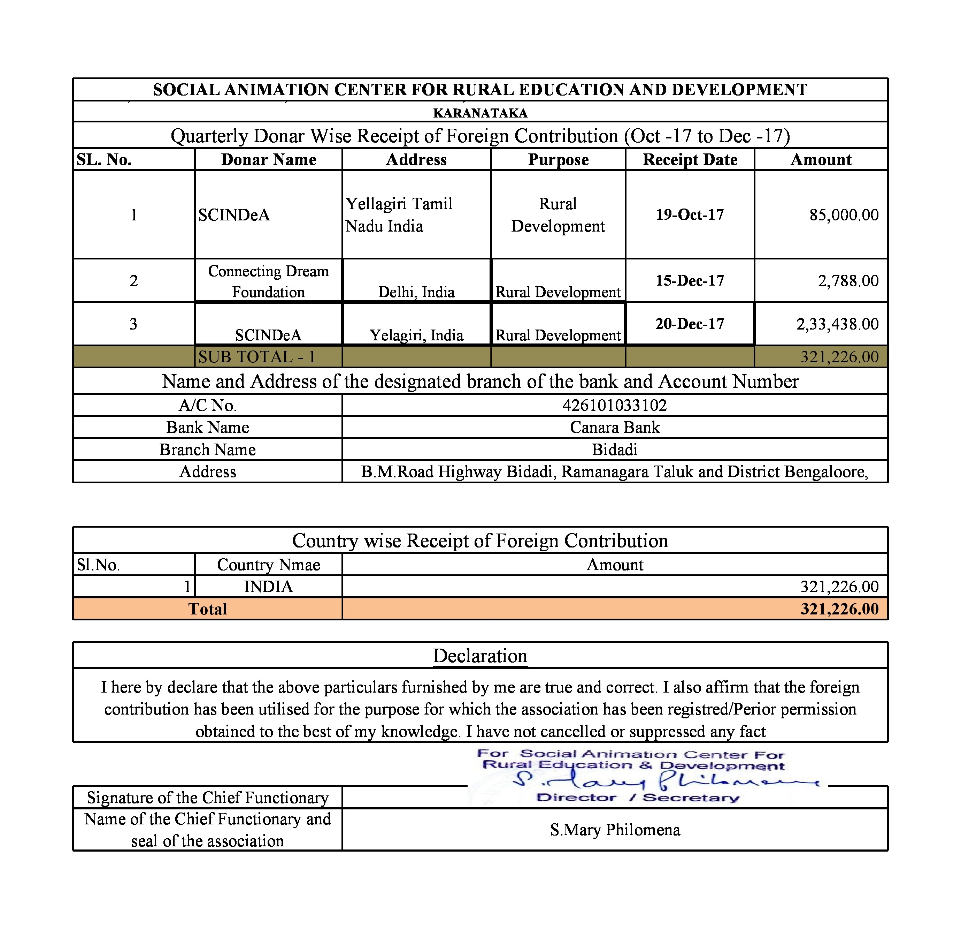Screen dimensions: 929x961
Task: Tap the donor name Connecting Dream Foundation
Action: [268, 281]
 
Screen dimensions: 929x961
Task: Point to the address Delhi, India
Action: [416, 292]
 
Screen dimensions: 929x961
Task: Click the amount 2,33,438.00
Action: [837, 324]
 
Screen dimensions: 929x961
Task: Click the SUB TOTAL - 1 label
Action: [256, 357]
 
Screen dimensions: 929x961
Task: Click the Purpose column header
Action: [558, 159]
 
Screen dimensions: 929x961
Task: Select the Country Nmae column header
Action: [268, 565]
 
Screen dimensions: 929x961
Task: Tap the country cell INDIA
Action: [268, 587]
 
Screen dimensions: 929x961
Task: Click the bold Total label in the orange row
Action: [207, 609]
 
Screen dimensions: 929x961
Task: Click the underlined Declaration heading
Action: [480, 656]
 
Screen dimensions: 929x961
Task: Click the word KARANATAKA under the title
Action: [480, 113]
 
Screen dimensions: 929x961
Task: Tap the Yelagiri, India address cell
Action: [416, 335]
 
